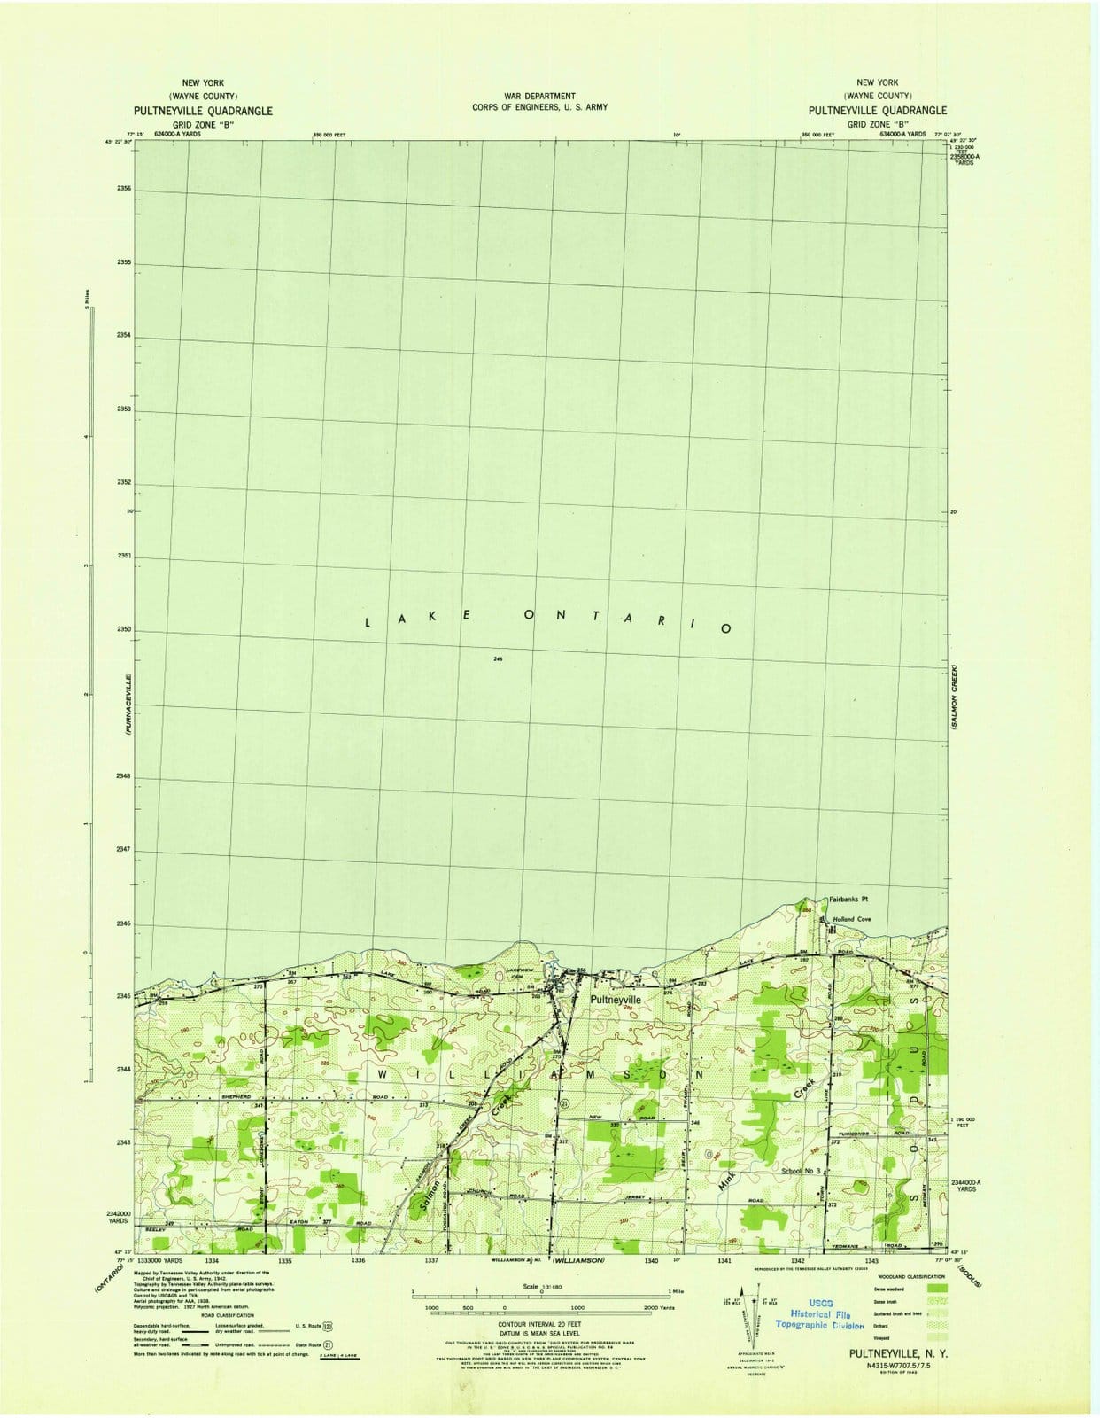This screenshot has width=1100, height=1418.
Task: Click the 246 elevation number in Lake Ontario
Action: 499,658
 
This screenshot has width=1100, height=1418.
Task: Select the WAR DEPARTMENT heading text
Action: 539,96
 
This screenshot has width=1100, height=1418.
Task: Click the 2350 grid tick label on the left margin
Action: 123,629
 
